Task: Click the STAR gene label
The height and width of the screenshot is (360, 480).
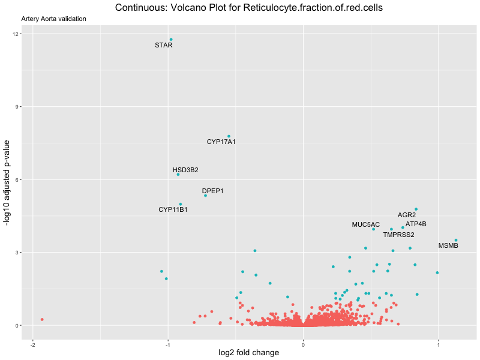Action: (164, 45)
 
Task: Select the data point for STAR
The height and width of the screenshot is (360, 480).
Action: (171, 40)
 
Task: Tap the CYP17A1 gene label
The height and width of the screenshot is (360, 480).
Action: (221, 142)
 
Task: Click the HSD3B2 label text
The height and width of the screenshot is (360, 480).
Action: (185, 170)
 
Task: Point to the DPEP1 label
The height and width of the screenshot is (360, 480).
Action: (213, 191)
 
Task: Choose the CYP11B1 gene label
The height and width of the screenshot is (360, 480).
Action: (173, 209)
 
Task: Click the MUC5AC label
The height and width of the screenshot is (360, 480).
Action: (366, 224)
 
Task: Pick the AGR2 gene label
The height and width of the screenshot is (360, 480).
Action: (407, 215)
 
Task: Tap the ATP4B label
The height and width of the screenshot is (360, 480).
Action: (416, 224)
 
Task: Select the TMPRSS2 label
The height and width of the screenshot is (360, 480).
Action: (398, 235)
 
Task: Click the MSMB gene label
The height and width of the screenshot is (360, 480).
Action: (448, 245)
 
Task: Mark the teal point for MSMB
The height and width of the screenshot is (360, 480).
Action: (455, 240)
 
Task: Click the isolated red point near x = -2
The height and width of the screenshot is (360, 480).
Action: (42, 319)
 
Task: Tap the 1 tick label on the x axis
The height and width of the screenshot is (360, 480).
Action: (439, 344)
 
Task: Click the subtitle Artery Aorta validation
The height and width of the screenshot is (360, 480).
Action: (53, 19)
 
